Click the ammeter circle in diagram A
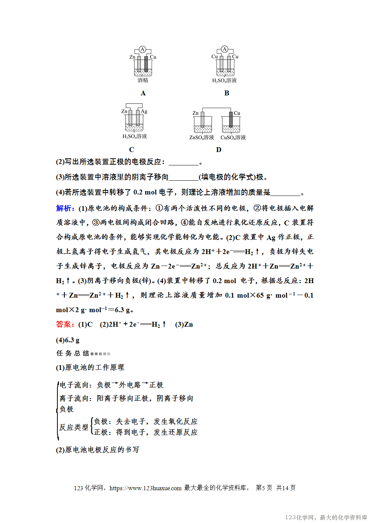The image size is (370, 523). (142, 49)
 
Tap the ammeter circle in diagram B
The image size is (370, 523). (224, 49)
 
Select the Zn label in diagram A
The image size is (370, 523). (132, 57)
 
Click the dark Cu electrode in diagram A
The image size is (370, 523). (146, 64)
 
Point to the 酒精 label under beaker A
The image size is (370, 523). (143, 80)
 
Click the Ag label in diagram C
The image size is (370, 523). (144, 111)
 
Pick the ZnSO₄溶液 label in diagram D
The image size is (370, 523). (202, 137)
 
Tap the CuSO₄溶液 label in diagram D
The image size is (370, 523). (233, 137)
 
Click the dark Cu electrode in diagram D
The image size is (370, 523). (231, 120)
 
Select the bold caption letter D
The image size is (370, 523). (219, 150)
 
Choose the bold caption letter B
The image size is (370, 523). (227, 93)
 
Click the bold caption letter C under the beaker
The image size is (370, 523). (132, 150)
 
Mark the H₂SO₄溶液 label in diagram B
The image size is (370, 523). (224, 80)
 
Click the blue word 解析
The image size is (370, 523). (65, 208)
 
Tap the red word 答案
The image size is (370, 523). (65, 324)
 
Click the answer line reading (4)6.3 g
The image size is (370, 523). (67, 340)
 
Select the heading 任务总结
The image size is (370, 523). (73, 354)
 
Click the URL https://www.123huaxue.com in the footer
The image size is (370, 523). (145, 488)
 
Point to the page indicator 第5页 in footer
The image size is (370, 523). (264, 488)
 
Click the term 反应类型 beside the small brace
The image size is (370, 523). (74, 427)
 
